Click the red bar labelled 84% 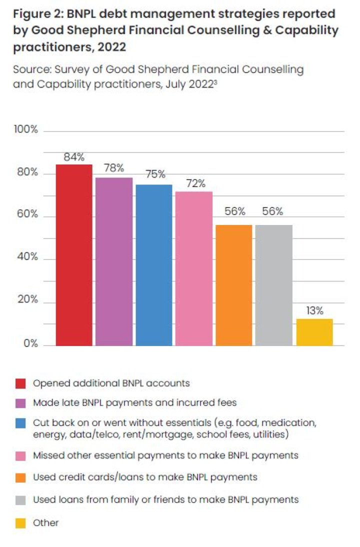(x=74, y=255)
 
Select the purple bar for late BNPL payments (x=114, y=261)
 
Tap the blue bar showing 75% (x=154, y=265)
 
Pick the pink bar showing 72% (x=193, y=268)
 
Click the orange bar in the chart (x=233, y=285)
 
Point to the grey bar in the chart (x=273, y=285)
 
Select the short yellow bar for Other (x=314, y=332)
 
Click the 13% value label (x=314, y=310)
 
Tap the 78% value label (x=114, y=168)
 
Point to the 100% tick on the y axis (x=26, y=130)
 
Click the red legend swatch (x=20, y=383)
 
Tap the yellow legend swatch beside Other (x=20, y=523)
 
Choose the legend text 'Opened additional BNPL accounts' (x=111, y=383)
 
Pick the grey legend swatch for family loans (x=20, y=499)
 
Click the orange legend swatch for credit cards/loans (x=20, y=477)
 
